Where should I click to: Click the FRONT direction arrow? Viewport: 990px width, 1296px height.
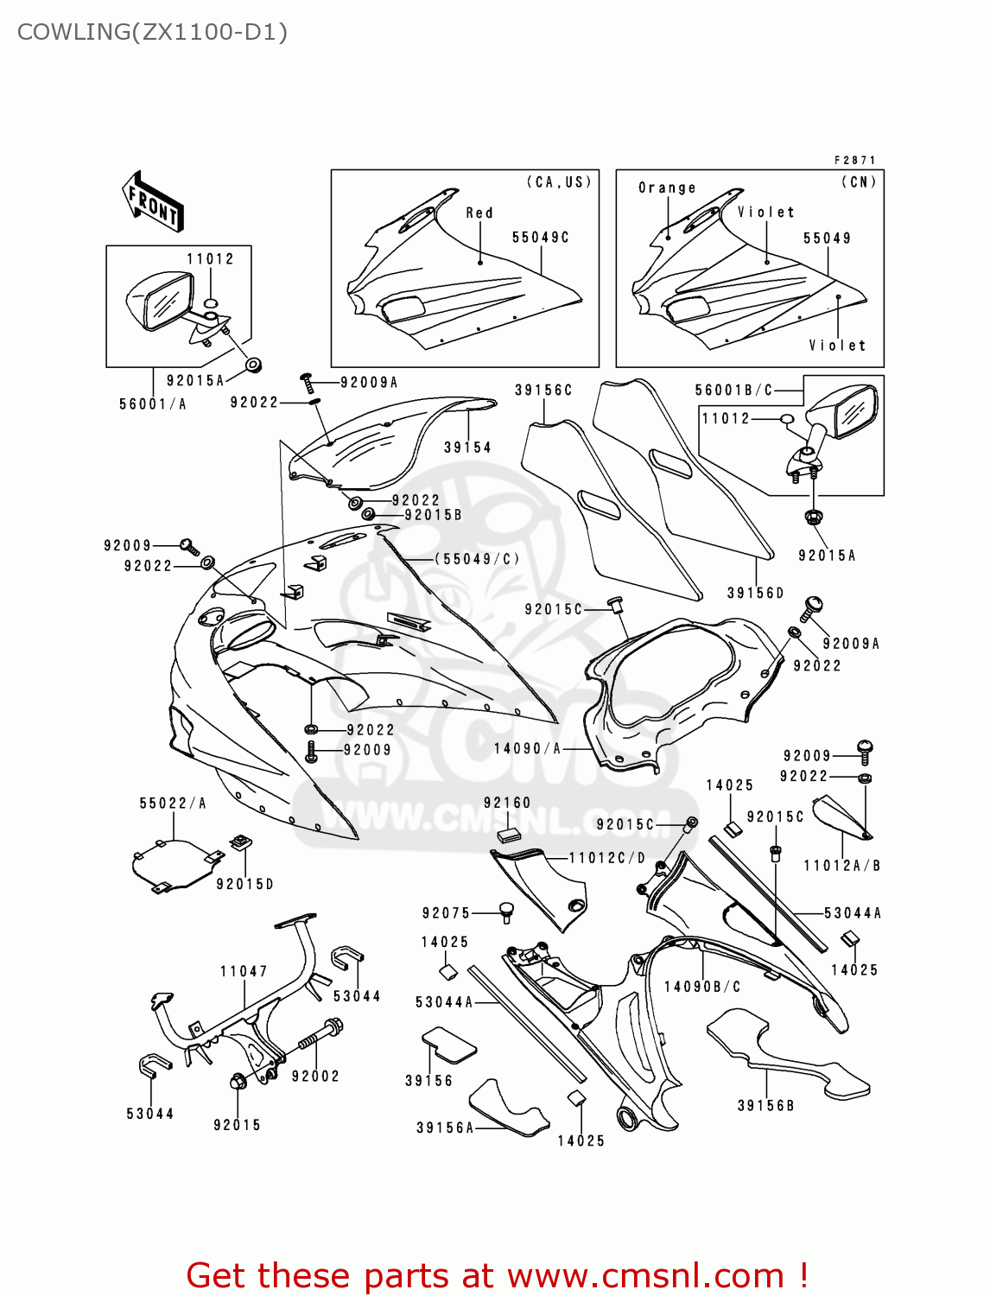154,202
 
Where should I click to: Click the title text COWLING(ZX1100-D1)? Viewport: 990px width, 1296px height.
152,32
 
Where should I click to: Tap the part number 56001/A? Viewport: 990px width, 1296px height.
153,403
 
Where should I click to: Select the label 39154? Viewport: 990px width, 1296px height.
467,448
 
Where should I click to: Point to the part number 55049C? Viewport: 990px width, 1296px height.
540,238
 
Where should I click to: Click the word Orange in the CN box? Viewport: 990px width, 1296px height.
667,187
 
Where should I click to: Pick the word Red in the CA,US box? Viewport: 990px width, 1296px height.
479,213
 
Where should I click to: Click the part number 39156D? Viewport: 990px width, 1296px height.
755,593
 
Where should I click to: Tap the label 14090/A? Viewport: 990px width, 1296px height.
527,748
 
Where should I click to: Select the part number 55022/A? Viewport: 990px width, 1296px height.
173,804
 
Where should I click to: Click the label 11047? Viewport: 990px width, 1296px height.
244,971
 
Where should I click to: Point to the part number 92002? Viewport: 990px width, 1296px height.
315,1076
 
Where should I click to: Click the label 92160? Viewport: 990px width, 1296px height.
507,803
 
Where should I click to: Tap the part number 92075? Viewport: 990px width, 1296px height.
447,913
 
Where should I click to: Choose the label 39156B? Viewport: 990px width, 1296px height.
765,1105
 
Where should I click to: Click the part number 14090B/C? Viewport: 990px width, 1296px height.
701,987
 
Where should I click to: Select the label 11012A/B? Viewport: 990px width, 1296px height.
841,866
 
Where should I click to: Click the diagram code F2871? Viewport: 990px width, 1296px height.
855,160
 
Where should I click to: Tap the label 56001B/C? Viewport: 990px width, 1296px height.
734,391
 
